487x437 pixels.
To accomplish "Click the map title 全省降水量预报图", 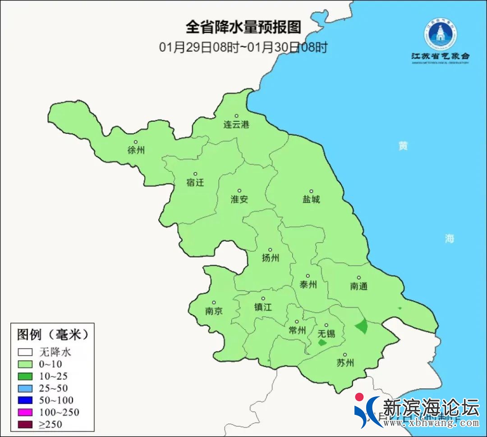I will pos(243,27).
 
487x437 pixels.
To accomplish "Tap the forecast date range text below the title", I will pos(243,47).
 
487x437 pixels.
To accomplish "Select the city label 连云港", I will pos(236,125).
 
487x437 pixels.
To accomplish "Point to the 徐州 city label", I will pos(136,151).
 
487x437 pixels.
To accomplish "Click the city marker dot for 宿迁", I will pos(195,174).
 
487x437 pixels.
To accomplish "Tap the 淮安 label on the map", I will pos(239,199).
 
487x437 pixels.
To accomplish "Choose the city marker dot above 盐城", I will pos(311,191).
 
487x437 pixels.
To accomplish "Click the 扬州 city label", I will pos(271,258).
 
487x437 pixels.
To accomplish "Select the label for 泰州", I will pos(308,285).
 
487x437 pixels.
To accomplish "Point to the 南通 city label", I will pos(359,286).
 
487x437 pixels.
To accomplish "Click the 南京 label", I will pos(214,311).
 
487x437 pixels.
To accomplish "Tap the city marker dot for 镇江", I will pos(263,299).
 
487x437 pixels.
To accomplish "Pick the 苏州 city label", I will pos(345,363).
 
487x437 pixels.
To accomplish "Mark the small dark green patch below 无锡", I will pos(322,343).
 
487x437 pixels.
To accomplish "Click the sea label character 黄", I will pos(403,146).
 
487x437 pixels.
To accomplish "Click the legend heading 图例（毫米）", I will pos(52,335).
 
